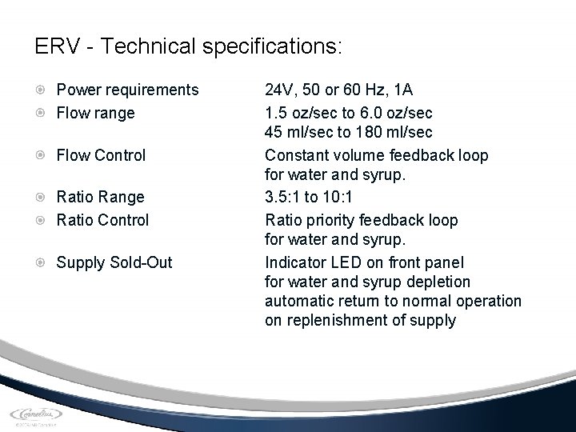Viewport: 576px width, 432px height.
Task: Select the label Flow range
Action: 95,113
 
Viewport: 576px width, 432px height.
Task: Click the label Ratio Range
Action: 100,197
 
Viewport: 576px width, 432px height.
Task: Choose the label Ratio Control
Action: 102,218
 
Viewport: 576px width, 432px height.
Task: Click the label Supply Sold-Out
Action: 114,262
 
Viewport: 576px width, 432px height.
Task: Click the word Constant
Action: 297,155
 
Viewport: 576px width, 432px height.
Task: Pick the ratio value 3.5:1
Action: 285,197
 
